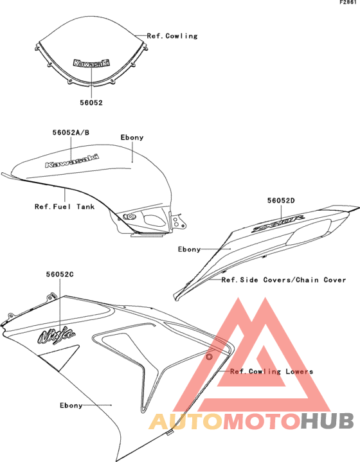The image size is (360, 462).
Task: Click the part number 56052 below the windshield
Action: coord(91,103)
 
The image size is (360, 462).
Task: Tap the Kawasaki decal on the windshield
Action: coord(91,63)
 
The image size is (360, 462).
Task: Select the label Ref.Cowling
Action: coord(172,36)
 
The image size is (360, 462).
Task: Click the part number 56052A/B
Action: coord(71,132)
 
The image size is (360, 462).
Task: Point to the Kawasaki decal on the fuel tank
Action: coord(72,161)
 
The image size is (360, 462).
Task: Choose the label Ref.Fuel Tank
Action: coord(64,206)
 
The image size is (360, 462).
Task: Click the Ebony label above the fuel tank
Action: coord(132,138)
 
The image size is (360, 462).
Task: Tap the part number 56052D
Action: coord(281,200)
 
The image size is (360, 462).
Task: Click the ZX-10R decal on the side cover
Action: coord(278,224)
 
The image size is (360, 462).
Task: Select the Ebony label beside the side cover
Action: coord(189,249)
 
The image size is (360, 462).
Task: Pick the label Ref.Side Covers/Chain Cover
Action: coord(283,280)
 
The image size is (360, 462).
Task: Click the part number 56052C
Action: coord(60,274)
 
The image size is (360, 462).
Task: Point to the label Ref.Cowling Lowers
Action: coord(271,371)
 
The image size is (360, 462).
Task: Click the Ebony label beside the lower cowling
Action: coord(71,405)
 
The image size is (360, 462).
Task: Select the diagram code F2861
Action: coord(348,2)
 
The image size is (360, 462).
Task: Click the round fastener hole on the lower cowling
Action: coord(209,357)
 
